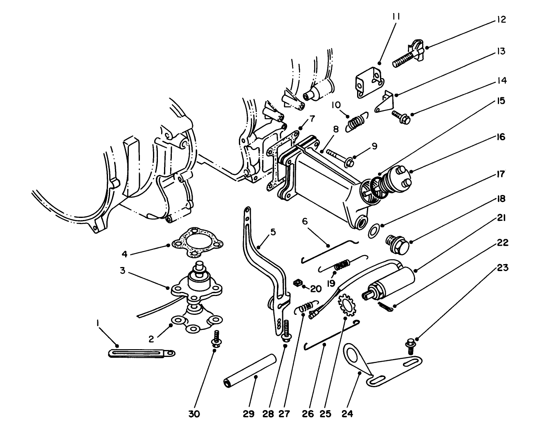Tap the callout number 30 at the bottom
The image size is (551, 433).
(x=194, y=414)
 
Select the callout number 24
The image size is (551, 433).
(x=347, y=414)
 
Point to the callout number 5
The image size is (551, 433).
(x=273, y=232)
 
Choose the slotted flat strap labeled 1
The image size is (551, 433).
(x=142, y=352)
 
